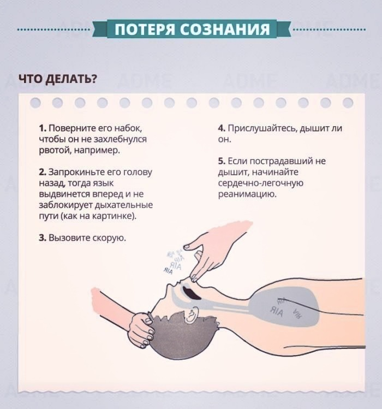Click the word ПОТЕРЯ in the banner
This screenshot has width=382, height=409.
click(x=145, y=29)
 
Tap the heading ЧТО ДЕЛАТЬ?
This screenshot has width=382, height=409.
click(x=58, y=79)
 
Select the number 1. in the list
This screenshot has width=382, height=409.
click(x=43, y=128)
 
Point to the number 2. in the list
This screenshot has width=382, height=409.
click(x=43, y=172)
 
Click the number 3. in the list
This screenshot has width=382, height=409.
click(x=43, y=238)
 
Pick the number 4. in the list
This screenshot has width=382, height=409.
click(x=222, y=128)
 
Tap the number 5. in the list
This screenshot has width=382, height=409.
click(x=222, y=161)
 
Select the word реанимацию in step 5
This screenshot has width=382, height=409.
click(x=247, y=194)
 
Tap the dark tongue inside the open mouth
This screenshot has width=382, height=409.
click(x=192, y=293)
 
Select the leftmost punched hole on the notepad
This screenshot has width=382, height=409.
click(x=35, y=103)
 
